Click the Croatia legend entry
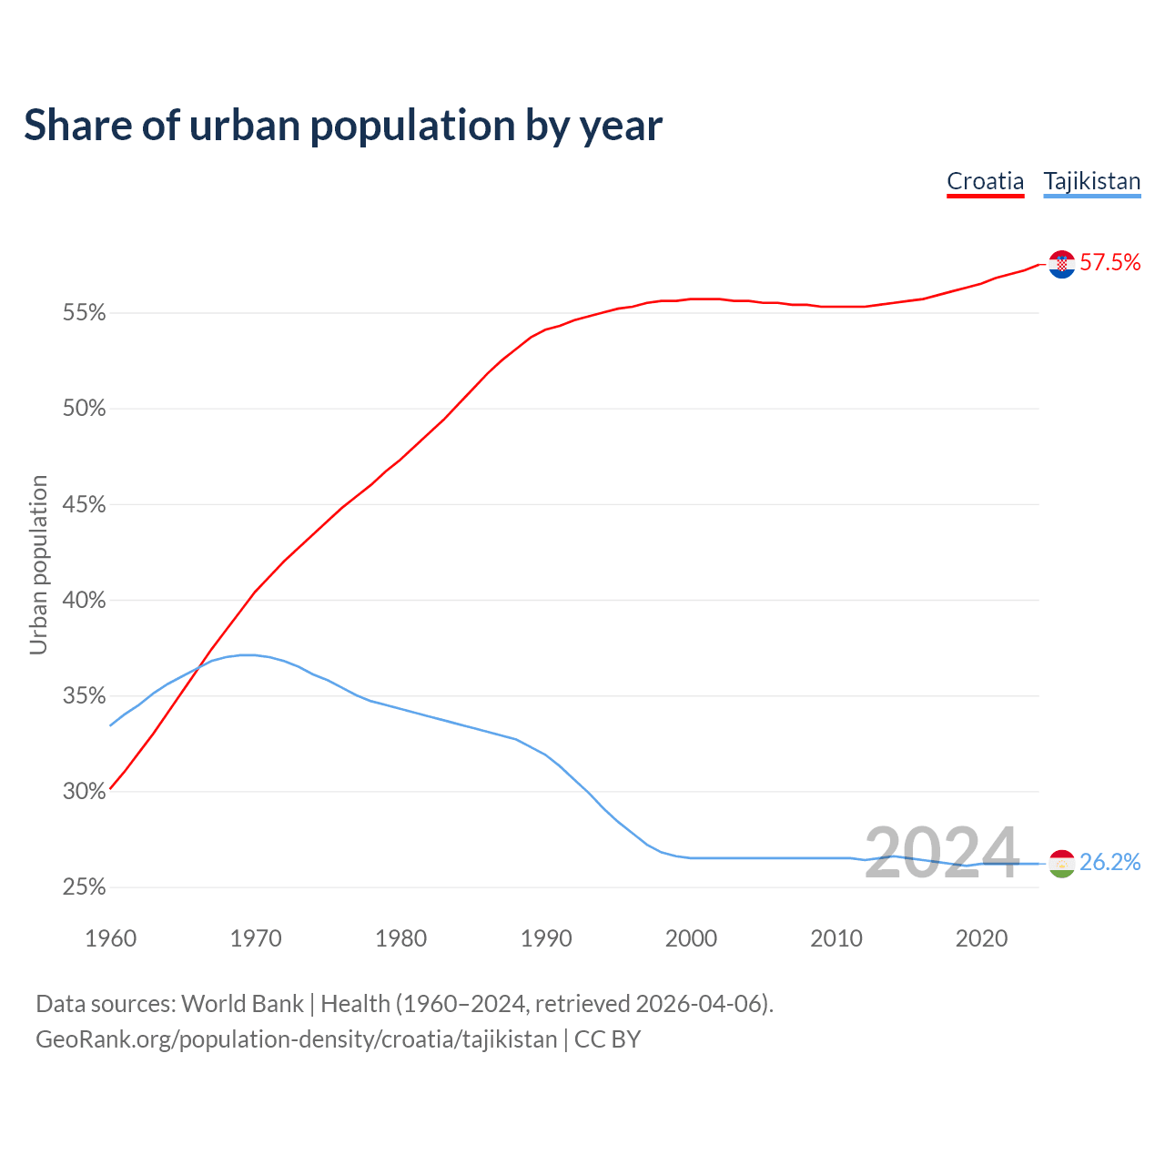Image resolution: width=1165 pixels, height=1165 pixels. point(985,181)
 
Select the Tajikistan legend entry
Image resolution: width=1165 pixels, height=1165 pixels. point(1091,181)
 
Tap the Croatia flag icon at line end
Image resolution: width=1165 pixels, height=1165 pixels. point(1061,264)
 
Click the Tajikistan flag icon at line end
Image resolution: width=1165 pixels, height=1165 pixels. point(1061,863)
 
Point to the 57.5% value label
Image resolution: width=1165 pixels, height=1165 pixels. point(1109,263)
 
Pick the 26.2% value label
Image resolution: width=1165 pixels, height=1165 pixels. point(1109,862)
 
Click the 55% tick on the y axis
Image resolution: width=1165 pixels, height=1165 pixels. point(84,314)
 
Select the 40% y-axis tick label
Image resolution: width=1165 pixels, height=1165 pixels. point(84,601)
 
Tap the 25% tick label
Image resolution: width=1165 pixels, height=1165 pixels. point(84,887)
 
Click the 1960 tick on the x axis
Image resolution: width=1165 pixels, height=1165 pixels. point(110,938)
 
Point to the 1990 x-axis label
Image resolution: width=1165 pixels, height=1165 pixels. point(546,938)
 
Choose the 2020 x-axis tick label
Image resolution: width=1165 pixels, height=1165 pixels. point(981,938)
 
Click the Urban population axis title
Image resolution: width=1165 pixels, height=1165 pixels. point(38,564)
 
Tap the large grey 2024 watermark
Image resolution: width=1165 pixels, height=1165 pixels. point(941,854)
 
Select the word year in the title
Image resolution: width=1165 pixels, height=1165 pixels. point(623,127)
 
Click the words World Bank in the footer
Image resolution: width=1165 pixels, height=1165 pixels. point(242,1004)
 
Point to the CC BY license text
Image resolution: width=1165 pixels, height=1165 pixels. point(607,1039)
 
